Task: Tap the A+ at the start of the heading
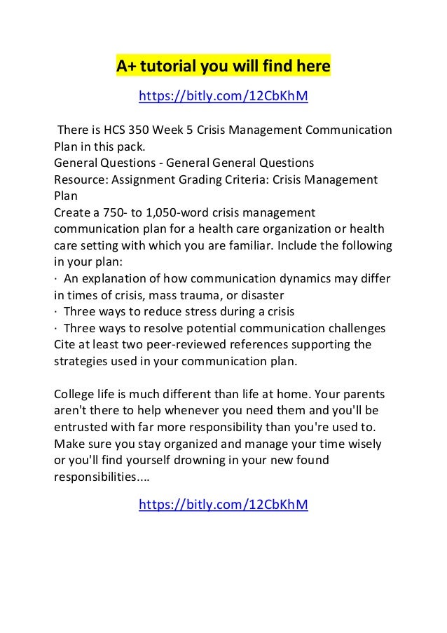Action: (x=125, y=67)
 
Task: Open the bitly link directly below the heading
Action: (x=224, y=96)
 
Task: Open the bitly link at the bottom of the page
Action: (x=224, y=504)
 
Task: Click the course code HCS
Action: (x=116, y=131)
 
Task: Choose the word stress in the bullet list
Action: (x=213, y=311)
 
